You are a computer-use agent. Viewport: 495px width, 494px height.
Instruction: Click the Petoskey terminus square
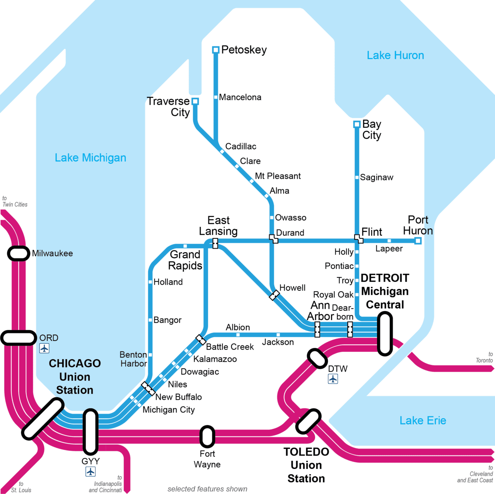pyautogui.click(x=216, y=50)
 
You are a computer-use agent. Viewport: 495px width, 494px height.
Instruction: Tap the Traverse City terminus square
pyautogui.click(x=195, y=101)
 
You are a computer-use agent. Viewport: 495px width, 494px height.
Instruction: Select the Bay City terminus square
pyautogui.click(x=357, y=124)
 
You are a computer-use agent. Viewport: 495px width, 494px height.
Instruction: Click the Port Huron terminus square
pyautogui.click(x=418, y=241)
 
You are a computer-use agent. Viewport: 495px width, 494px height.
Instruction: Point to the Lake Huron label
pyautogui.click(x=395, y=56)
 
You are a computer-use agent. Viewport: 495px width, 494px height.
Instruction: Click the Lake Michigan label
pyautogui.click(x=90, y=158)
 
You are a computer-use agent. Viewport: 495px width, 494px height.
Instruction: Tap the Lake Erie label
pyautogui.click(x=423, y=420)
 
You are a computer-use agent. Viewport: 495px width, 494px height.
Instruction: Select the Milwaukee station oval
pyautogui.click(x=19, y=253)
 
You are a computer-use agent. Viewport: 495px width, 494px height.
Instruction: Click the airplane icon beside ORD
pyautogui.click(x=44, y=348)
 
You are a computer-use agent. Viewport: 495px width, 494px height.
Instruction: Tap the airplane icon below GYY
pyautogui.click(x=90, y=472)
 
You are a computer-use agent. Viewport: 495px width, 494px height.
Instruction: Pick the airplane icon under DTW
pyautogui.click(x=333, y=379)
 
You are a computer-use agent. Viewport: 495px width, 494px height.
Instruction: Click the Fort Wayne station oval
pyautogui.click(x=207, y=436)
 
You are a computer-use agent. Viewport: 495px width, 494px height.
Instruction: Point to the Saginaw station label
pyautogui.click(x=377, y=177)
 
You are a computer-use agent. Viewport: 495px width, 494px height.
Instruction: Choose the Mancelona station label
pyautogui.click(x=240, y=97)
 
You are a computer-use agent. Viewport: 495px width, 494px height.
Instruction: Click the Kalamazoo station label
pyautogui.click(x=215, y=359)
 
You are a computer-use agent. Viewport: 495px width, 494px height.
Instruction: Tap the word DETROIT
pyautogui.click(x=385, y=278)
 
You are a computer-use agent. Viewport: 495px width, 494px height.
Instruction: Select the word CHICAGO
pyautogui.click(x=75, y=363)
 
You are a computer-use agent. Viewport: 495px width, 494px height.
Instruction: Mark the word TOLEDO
pyautogui.click(x=306, y=452)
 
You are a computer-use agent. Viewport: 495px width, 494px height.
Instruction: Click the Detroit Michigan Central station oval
pyautogui.click(x=385, y=334)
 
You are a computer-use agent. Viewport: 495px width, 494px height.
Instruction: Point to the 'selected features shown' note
pyautogui.click(x=207, y=489)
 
